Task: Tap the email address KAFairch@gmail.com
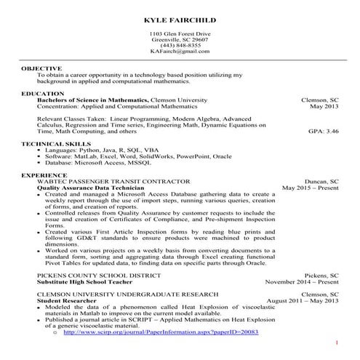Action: click(x=179, y=52)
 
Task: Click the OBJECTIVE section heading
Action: click(x=41, y=68)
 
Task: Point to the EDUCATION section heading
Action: click(x=42, y=94)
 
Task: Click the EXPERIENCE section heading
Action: click(x=44, y=175)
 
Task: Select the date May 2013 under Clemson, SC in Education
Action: click(x=324, y=106)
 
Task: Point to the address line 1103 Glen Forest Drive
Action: click(x=179, y=34)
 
